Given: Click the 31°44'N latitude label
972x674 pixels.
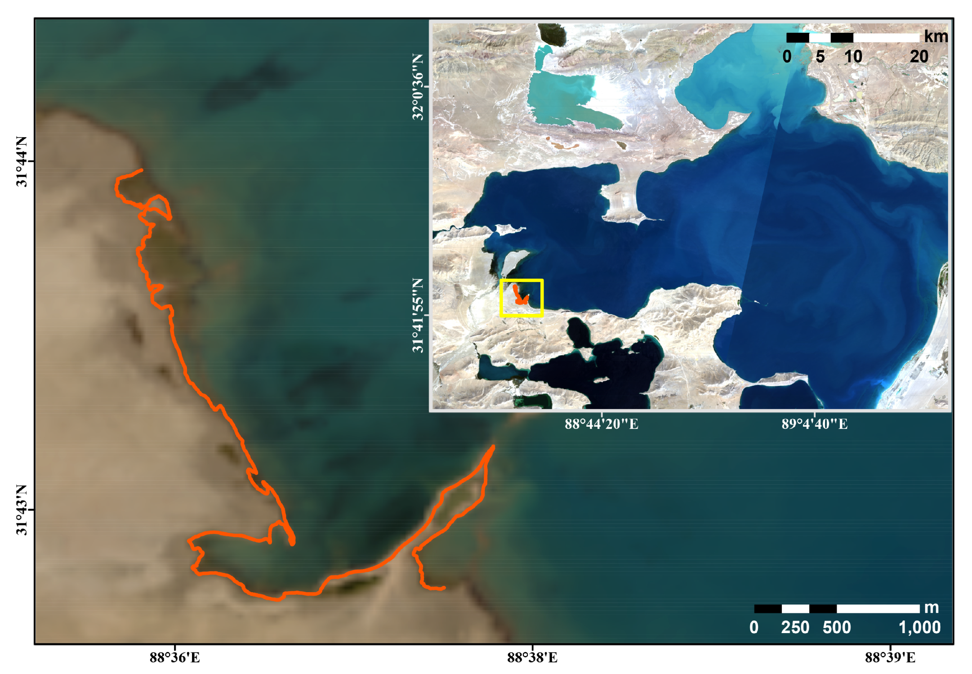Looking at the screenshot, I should tap(22, 161).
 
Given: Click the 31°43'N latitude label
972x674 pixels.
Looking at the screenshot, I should tap(22, 510).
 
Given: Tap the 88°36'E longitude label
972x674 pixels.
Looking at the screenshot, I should tap(174, 658).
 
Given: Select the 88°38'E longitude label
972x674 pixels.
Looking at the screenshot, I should tap(532, 658).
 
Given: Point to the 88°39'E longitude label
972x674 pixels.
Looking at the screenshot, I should tap(890, 658).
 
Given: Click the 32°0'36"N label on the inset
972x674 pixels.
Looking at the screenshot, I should tap(418, 87).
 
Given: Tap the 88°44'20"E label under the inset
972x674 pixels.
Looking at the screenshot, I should tap(602, 424).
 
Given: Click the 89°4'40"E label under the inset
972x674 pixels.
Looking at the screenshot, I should tap(815, 424).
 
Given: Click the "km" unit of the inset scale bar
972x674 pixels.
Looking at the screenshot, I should tap(936, 37).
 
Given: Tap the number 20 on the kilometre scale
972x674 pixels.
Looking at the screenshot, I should tap(919, 57).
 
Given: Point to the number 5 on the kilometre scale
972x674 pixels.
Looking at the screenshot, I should tap(820, 57).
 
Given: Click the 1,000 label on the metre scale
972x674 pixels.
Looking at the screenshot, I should tap(919, 627).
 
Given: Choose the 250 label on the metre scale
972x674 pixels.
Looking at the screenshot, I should tap(795, 627).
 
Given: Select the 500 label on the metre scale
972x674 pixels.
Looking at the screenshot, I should tap(837, 627).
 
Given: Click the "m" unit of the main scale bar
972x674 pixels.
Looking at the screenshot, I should tap(932, 607).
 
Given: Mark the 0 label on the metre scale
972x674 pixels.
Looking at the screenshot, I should tap(754, 627).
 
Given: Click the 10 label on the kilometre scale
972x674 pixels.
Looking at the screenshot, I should tap(853, 57).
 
